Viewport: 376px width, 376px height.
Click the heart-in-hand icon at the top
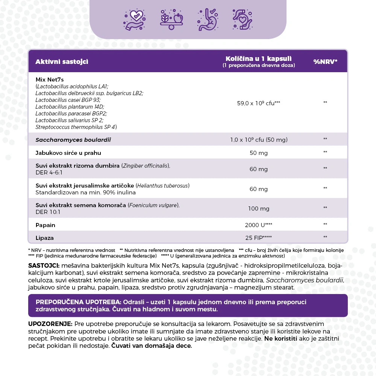135,20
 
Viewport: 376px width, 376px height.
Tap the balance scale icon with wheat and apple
171,20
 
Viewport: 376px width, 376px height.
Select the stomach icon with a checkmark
206,20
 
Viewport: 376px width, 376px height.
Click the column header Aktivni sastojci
62,62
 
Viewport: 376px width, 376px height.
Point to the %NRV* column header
325,62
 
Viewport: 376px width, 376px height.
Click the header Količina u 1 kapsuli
258,59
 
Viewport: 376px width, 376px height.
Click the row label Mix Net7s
50,80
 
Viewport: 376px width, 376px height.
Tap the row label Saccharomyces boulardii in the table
73,140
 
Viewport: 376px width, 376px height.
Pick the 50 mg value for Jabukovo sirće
258,153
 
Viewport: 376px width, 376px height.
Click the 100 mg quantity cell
258,209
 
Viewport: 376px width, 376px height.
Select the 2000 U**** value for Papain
258,225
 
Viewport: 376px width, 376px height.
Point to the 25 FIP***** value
258,238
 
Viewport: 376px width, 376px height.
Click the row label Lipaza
45,238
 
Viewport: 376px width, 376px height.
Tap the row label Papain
45,225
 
